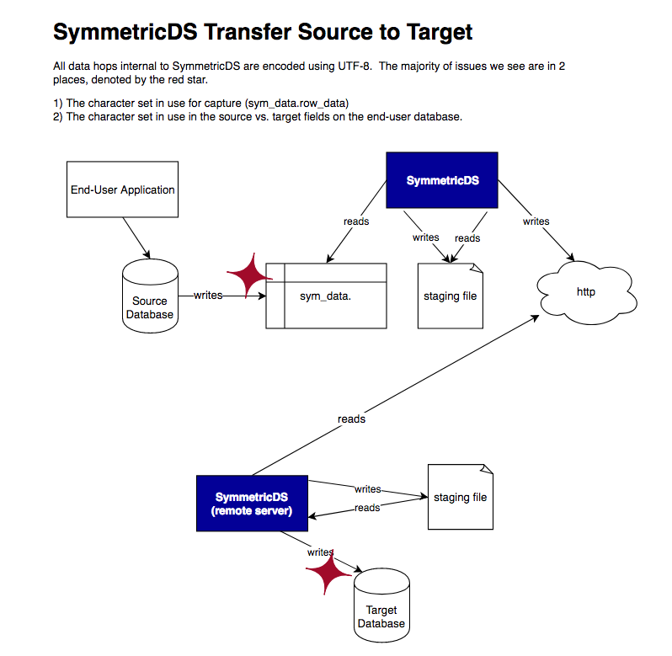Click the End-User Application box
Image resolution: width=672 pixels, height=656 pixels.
point(122,189)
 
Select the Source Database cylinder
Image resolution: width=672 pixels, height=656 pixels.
point(151,296)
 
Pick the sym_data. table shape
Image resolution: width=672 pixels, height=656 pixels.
point(326,296)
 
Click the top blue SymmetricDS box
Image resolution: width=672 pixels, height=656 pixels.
point(442,180)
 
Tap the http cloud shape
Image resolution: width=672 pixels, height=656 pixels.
point(586,293)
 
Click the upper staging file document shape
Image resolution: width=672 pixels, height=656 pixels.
point(451,296)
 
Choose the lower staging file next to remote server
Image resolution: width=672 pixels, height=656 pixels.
point(460,497)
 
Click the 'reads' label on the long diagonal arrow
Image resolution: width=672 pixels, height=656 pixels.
point(351,419)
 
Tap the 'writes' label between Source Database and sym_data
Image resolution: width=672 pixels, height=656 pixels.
point(208,295)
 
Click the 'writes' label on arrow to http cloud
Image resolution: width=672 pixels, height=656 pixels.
point(536,221)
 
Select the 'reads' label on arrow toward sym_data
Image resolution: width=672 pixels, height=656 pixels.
point(356,221)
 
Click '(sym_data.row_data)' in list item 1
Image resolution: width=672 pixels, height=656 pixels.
point(296,104)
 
